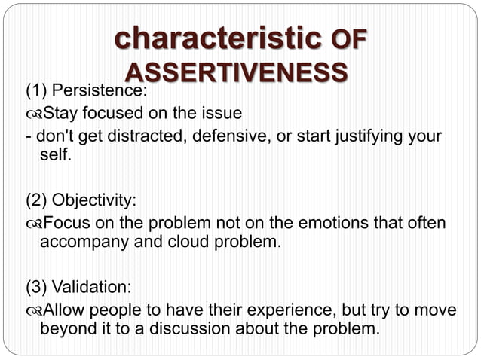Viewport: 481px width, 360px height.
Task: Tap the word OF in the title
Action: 348,40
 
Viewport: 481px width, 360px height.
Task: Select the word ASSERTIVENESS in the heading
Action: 236,72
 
